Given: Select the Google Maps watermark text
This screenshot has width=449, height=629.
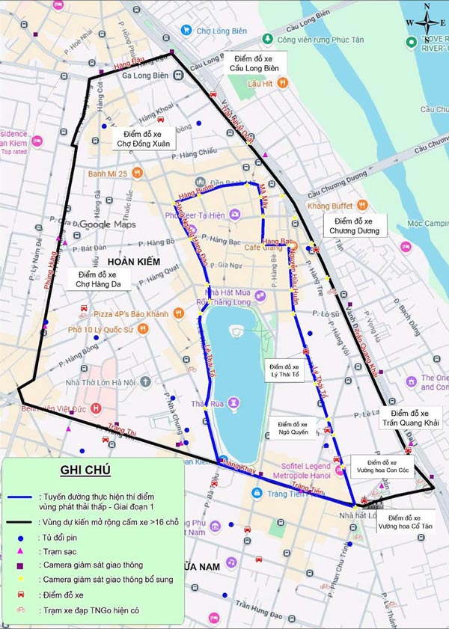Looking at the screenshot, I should tap(109, 224).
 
